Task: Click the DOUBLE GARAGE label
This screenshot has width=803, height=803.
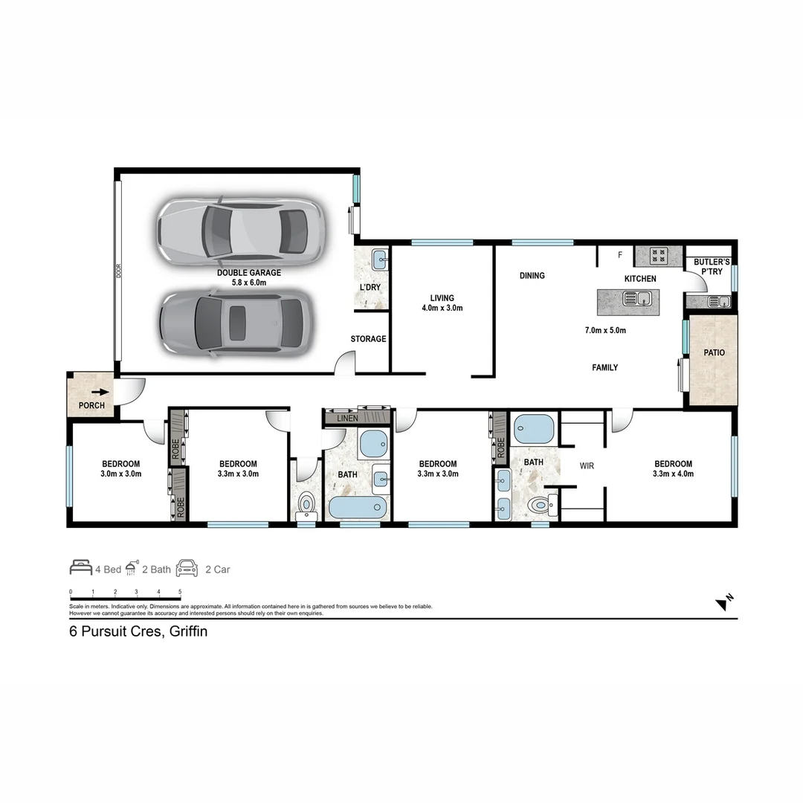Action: pos(248,273)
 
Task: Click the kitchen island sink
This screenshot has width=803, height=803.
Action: pos(639,300)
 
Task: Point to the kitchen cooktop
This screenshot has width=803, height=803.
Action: pos(659,256)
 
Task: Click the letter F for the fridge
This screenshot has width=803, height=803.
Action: pos(620,256)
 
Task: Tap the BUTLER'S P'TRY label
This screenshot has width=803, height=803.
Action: pos(712,267)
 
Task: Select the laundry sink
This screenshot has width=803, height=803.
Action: pos(379,260)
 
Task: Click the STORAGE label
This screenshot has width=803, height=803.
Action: pos(368,339)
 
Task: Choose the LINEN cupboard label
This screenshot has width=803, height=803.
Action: pos(347,419)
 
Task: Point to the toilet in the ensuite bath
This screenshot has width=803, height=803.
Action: pos(543,506)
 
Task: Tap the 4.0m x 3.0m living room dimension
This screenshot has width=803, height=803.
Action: pos(442,308)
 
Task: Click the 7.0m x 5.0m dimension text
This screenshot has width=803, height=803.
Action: pos(604,330)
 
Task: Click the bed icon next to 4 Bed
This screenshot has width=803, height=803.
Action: pos(80,569)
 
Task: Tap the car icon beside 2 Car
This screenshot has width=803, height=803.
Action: pos(187,569)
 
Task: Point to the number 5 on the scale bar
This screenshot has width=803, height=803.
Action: pos(180,592)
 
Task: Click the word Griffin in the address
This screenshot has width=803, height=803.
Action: pos(188,632)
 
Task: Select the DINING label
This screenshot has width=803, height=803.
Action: pos(532,276)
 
